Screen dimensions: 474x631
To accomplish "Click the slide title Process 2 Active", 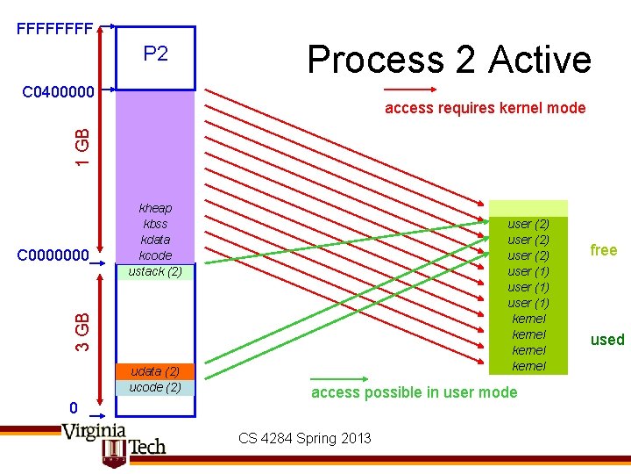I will [449, 60].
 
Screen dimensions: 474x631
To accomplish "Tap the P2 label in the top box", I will [155, 54].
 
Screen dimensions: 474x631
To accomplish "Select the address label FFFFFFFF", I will [54, 29].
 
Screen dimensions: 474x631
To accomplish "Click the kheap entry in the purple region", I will [155, 208].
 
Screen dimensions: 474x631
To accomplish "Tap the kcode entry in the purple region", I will [155, 255].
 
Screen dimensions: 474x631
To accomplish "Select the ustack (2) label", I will [155, 271].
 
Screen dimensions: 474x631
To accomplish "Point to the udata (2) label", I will [155, 371].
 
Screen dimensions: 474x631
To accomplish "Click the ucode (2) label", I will [155, 387].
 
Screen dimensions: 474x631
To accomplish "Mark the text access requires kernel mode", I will [485, 108].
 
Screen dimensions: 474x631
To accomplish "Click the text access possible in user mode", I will [414, 392].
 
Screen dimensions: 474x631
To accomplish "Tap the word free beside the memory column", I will [603, 250].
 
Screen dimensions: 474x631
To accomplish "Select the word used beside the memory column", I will [606, 340].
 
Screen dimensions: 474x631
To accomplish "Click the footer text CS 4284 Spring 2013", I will [304, 438].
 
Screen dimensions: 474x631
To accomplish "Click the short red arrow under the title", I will [410, 89].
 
